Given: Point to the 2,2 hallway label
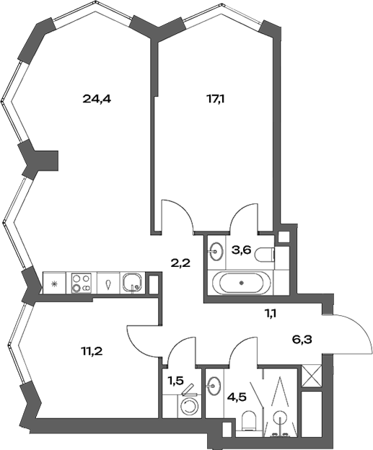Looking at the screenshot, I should (180, 262).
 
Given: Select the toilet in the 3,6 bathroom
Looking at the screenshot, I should (266, 253).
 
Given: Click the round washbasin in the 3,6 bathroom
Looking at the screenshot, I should (216, 252).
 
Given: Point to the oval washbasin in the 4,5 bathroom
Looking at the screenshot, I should (214, 386).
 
